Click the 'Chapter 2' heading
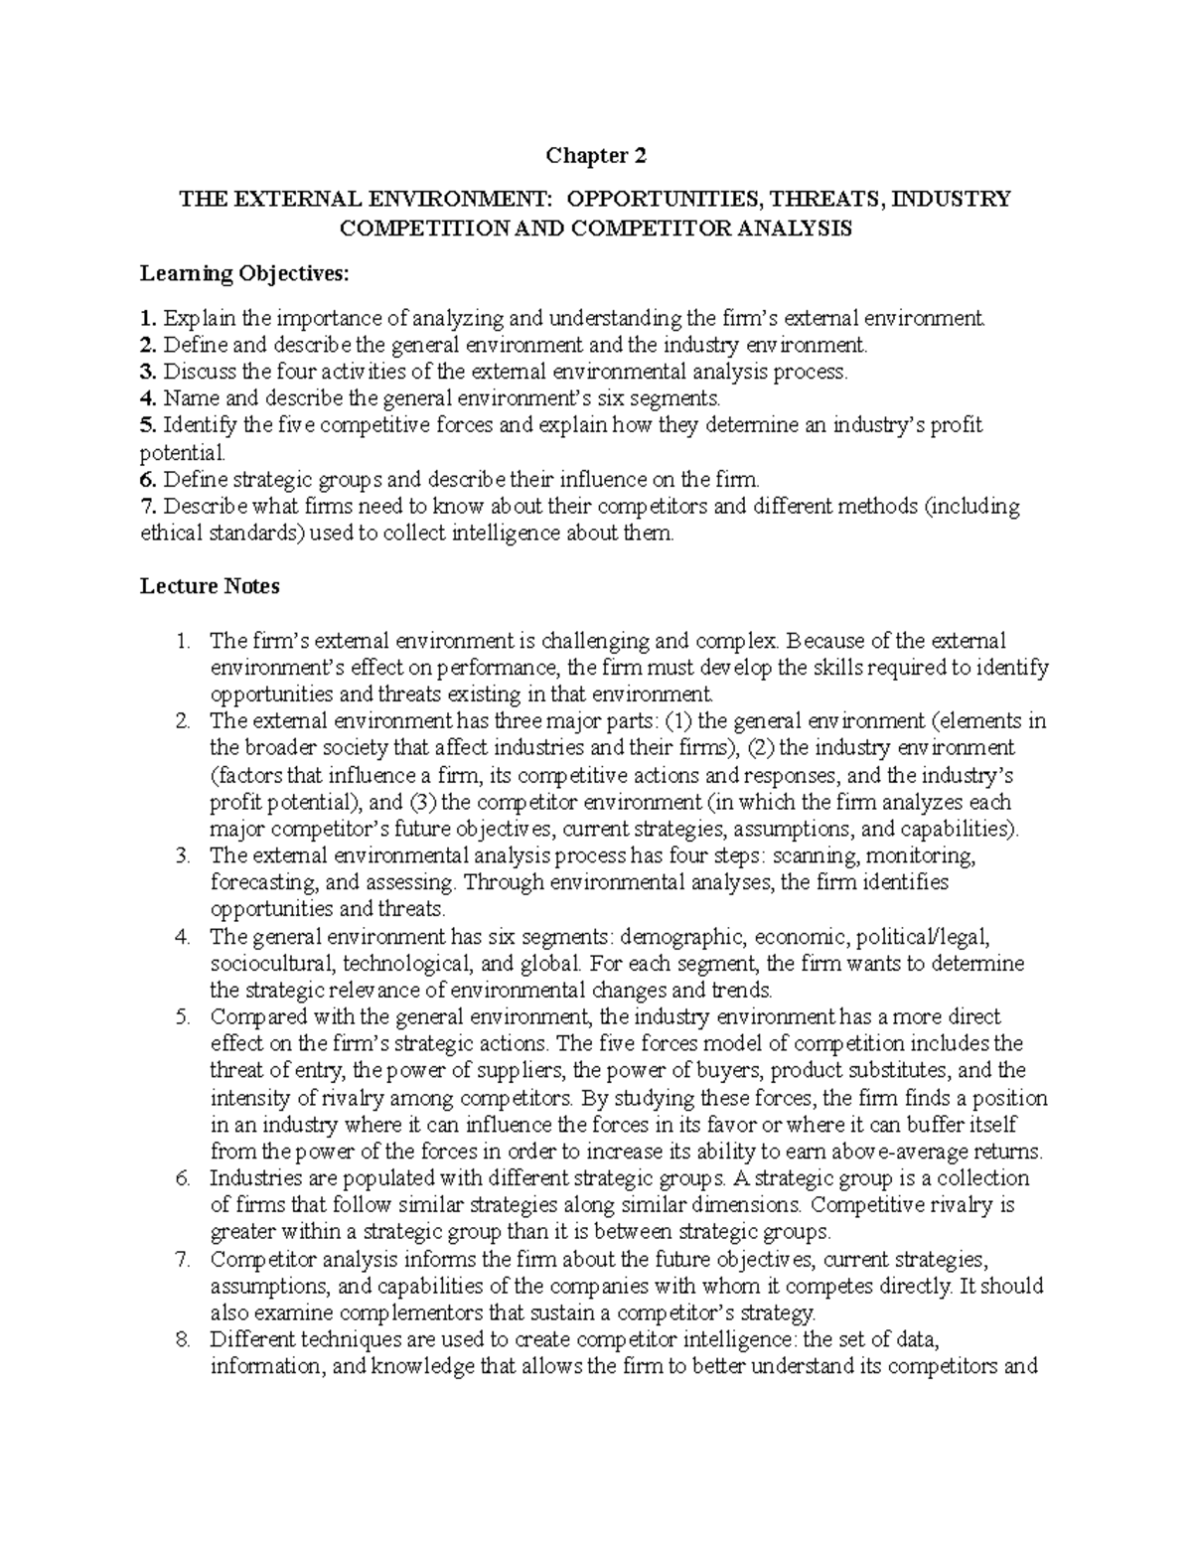pos(596,156)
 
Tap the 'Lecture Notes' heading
pos(210,586)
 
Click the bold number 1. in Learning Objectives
pos(148,319)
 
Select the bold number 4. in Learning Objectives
pos(148,399)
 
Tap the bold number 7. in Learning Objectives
pos(148,507)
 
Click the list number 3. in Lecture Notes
pos(181,855)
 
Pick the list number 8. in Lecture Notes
pos(181,1339)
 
